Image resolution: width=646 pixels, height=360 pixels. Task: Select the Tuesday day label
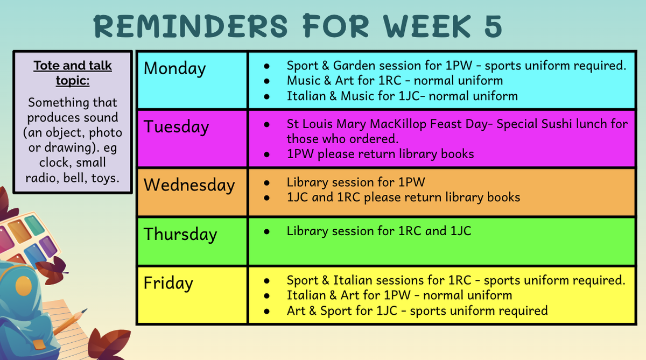pyautogui.click(x=176, y=127)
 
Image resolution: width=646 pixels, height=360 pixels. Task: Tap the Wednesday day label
pyautogui.click(x=189, y=185)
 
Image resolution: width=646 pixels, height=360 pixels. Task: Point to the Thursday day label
pyautogui.click(x=180, y=234)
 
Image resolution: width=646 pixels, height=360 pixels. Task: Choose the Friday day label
pyautogui.click(x=168, y=283)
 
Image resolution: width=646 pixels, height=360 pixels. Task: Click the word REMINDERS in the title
pyautogui.click(x=191, y=26)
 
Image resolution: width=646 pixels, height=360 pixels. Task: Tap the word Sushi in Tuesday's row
pyautogui.click(x=556, y=124)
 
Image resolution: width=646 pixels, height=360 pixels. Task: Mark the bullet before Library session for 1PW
pyautogui.click(x=266, y=183)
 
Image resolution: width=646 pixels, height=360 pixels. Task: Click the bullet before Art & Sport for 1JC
pyautogui.click(x=266, y=311)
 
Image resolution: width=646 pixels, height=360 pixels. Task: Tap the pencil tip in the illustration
pyautogui.click(x=86, y=310)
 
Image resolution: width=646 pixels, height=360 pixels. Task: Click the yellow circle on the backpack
pyautogui.click(x=23, y=286)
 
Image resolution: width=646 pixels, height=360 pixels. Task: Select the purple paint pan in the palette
pyautogui.click(x=47, y=246)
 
